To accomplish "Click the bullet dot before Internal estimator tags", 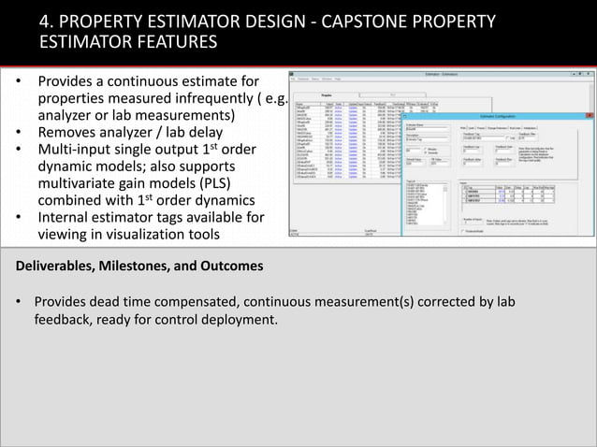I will (x=20, y=218).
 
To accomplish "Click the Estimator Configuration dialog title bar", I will (x=496, y=116).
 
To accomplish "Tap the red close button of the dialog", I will (x=590, y=116).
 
